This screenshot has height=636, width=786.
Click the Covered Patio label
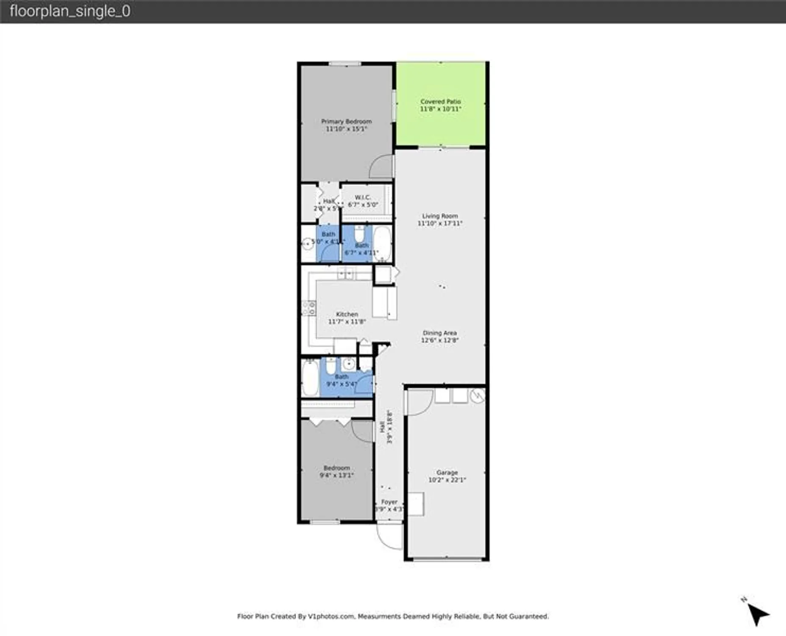[440, 105]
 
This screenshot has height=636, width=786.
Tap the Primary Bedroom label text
[346, 125]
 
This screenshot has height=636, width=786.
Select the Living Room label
[440, 220]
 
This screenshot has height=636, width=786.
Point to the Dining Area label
[439, 336]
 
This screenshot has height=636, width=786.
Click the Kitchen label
[347, 318]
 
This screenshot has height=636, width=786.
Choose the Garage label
[447, 476]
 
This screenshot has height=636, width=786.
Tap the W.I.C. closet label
[363, 201]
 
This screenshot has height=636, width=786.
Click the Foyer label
[389, 505]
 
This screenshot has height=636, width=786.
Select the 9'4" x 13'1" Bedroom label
[336, 471]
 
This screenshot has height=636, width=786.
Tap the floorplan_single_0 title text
[70, 11]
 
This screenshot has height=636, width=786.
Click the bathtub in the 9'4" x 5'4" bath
[310, 378]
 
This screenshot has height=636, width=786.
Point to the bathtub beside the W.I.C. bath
[382, 243]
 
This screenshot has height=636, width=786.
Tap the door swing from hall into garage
[419, 402]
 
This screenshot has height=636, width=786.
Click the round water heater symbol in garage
[478, 396]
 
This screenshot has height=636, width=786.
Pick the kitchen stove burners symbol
[308, 308]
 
